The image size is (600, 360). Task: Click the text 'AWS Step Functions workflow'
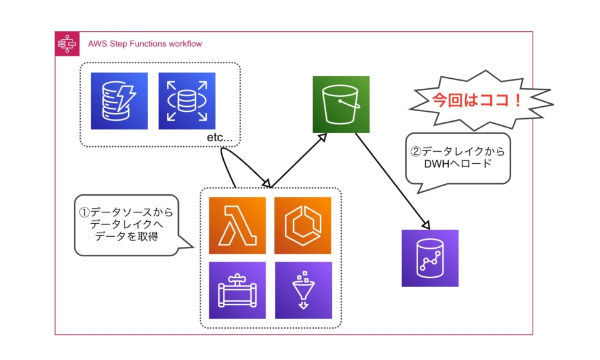tap(145, 44)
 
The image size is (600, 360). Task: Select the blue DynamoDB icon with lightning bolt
tap(119, 101)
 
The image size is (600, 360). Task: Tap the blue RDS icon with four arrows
tap(187, 101)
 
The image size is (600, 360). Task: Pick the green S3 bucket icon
tap(341, 104)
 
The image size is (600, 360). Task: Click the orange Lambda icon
tap(237, 226)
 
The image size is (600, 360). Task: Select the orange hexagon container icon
tap(303, 226)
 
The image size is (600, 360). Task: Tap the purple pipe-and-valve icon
tap(237, 290)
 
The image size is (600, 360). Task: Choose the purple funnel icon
tap(303, 290)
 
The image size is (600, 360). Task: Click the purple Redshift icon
tap(430, 258)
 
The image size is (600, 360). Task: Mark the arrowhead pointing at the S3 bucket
tap(324, 137)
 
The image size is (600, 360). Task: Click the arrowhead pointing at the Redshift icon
tap(426, 224)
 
